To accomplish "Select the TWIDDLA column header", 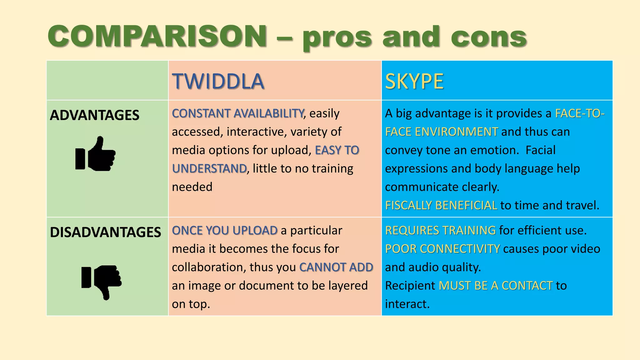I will (x=218, y=81).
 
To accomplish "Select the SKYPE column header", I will (x=414, y=81).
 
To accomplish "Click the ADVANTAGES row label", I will (x=94, y=115).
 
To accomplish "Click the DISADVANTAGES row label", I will (x=105, y=232).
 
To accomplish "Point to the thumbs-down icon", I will (x=102, y=281).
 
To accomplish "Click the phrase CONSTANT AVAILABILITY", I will (x=238, y=113).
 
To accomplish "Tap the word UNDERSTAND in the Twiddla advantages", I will (x=209, y=168).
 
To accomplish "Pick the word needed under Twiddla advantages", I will (x=192, y=187).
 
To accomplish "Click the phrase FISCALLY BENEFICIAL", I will (x=441, y=205).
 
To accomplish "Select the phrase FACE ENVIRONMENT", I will (x=441, y=132).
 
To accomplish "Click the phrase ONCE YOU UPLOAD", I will (x=225, y=230).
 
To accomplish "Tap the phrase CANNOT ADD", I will (x=336, y=267).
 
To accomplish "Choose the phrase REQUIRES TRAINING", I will (x=440, y=230).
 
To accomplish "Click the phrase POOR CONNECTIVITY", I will (x=442, y=249).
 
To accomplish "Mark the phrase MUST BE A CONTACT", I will (x=496, y=286).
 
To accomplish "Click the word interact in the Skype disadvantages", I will (x=407, y=304).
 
